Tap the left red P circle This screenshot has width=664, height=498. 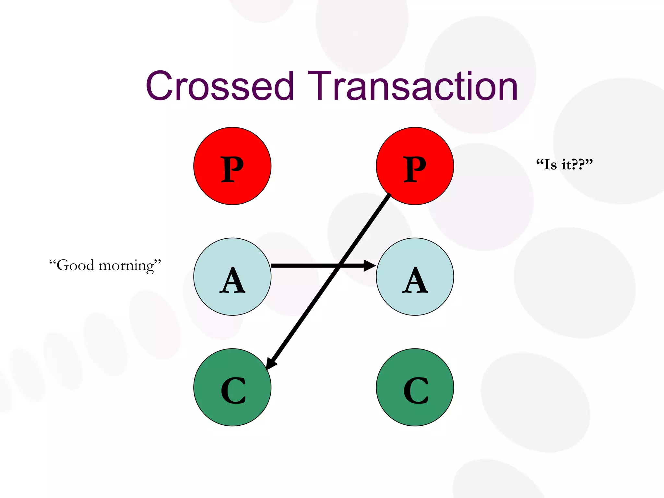[232, 166]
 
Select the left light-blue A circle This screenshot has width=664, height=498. [232, 277]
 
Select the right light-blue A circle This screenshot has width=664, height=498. [415, 277]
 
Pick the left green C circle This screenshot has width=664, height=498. [232, 387]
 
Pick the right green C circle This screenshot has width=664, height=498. [415, 387]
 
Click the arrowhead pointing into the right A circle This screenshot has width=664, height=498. [370, 266]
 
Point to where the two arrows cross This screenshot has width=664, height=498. [339, 266]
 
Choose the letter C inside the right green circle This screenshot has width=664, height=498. [416, 390]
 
